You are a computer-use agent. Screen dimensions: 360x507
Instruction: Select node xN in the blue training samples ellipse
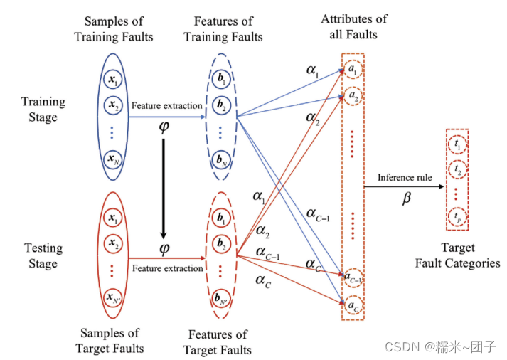(111, 158)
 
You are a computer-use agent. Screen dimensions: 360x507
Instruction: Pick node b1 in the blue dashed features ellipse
(223, 80)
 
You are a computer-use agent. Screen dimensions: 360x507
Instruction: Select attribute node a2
(353, 95)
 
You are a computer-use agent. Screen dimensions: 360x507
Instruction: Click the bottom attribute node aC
(353, 305)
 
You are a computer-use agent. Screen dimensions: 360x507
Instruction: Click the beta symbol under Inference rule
(406, 200)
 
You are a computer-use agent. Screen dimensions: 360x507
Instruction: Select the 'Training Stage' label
(43, 109)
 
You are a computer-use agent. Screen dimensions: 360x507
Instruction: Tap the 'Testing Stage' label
(43, 255)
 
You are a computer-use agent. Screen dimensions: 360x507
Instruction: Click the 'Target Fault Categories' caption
(457, 256)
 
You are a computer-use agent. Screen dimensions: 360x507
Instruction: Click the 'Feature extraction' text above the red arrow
(166, 268)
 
